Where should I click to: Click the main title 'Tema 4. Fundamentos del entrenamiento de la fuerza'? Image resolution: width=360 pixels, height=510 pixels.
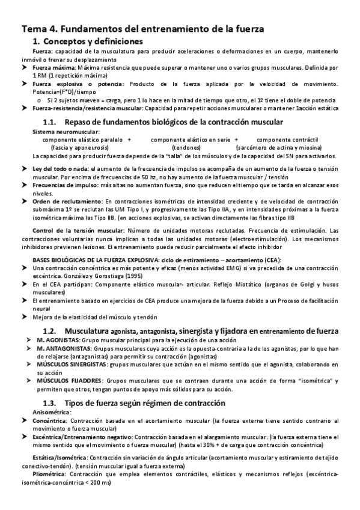(x=142, y=28)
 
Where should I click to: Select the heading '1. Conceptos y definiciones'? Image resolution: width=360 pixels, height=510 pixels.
(x=88, y=41)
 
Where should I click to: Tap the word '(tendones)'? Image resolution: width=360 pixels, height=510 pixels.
(x=186, y=147)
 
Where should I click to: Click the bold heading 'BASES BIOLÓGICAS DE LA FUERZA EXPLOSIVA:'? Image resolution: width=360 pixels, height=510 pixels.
(x=99, y=259)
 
